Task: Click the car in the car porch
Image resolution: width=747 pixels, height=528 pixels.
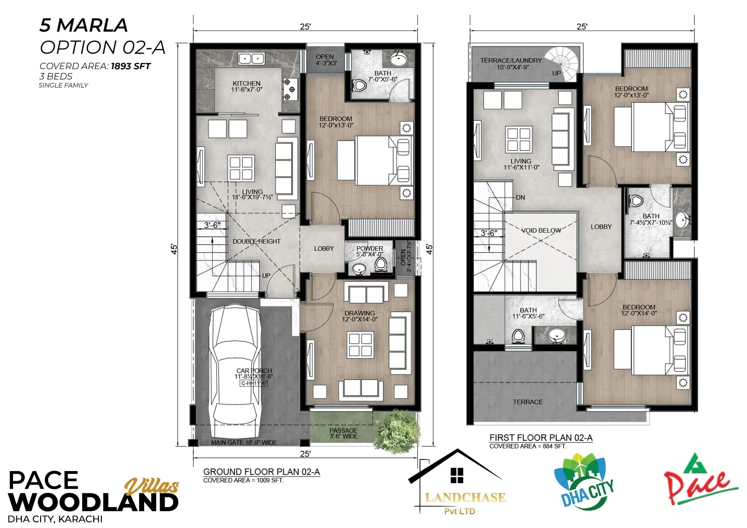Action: [x=234, y=371]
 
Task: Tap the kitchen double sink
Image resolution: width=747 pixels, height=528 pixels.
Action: [x=252, y=59]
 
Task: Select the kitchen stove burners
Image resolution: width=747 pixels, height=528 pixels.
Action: [x=289, y=89]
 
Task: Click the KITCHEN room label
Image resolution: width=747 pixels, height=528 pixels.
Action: [x=247, y=83]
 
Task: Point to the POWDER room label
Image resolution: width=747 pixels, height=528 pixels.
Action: [x=369, y=249]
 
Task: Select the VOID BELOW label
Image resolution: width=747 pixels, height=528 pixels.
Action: [x=541, y=230]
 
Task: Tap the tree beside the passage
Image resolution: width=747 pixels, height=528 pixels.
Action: [x=397, y=431]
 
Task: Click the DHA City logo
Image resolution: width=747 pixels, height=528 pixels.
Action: [x=584, y=482]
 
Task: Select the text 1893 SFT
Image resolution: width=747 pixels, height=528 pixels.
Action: [x=131, y=66]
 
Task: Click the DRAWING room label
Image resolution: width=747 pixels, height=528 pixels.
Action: [x=359, y=313]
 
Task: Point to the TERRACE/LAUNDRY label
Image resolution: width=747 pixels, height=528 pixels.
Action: [x=511, y=61]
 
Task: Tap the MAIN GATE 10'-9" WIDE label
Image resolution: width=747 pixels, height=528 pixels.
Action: [x=244, y=442]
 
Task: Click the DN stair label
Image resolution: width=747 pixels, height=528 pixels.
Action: [x=520, y=197]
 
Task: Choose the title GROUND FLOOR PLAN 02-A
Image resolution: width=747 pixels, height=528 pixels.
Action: [x=261, y=472]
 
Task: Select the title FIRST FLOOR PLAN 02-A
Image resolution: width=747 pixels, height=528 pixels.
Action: [x=541, y=438]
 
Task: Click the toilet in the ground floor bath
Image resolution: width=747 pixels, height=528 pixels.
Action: [x=360, y=86]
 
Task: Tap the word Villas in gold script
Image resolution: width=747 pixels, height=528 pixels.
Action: [x=152, y=486]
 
